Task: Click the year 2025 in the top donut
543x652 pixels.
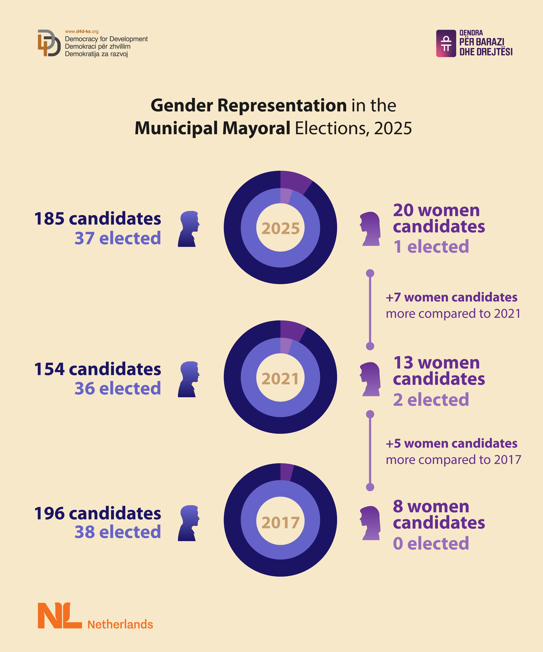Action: (x=280, y=229)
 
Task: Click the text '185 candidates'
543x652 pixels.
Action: (x=97, y=219)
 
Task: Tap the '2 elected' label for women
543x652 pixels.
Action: (x=431, y=400)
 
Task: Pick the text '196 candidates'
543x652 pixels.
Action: (x=97, y=513)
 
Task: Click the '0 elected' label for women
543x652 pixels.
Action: (x=431, y=543)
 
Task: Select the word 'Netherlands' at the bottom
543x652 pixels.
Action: (x=120, y=624)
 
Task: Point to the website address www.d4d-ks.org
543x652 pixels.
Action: (x=82, y=31)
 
